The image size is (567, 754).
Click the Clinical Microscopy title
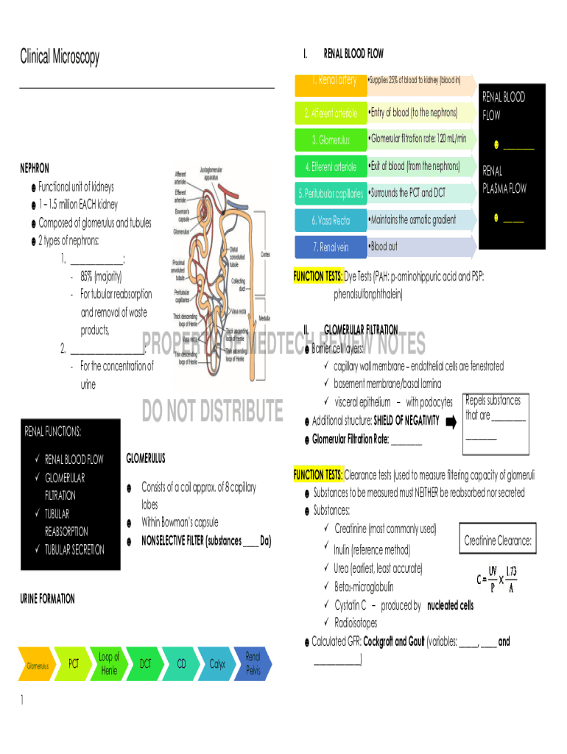[59, 57]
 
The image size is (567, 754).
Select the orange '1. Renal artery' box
[330, 80]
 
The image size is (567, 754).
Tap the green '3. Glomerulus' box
[330, 140]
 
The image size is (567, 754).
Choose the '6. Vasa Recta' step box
[330, 220]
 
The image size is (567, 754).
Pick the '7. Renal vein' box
[330, 247]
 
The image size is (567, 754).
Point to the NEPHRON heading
[35, 169]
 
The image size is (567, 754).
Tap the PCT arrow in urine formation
[74, 664]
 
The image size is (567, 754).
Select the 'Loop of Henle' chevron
[109, 664]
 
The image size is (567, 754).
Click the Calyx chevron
[217, 664]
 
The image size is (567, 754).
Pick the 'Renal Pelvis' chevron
[253, 664]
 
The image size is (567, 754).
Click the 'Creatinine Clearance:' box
[498, 542]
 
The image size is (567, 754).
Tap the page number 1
[24, 701]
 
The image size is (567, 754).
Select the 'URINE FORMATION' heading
[47, 599]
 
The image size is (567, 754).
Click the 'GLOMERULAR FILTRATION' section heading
[361, 330]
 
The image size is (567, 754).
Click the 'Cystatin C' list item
[350, 605]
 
